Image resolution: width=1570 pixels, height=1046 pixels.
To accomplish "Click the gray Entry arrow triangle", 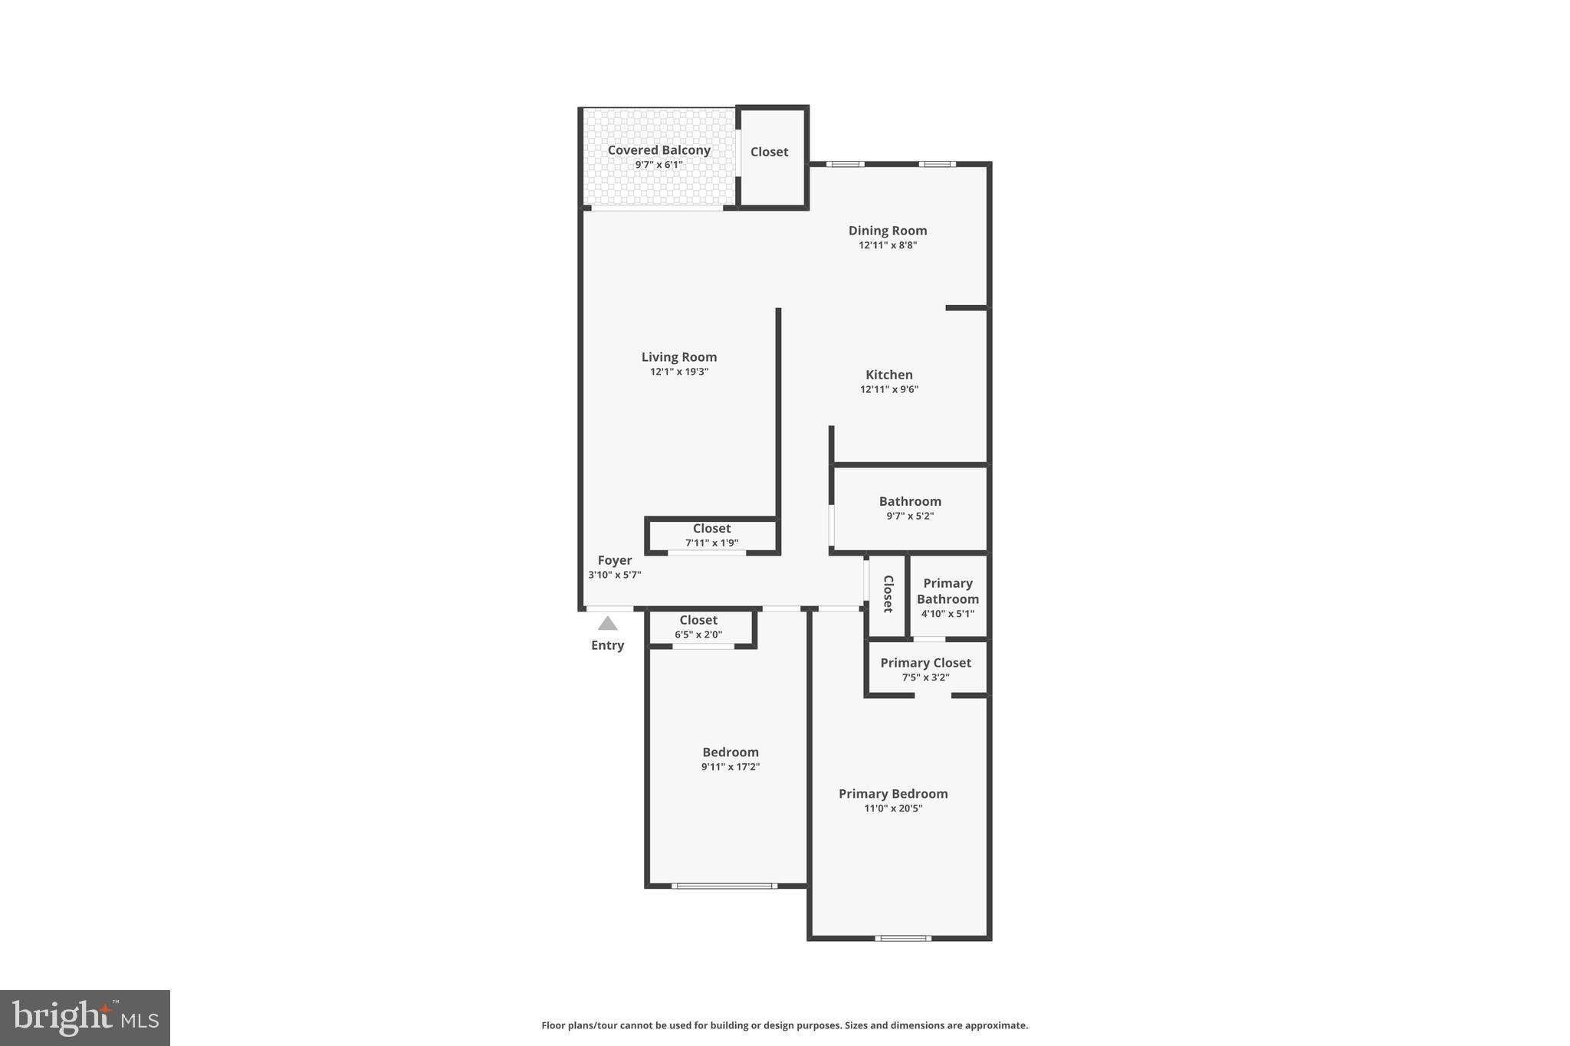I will [x=607, y=624].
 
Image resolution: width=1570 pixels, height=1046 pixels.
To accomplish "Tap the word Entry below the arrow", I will [x=607, y=645].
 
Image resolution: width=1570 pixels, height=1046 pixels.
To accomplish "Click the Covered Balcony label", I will [x=659, y=150].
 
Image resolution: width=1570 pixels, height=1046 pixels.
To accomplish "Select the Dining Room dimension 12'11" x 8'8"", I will [x=888, y=245].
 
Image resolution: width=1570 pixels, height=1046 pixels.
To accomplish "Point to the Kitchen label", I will [x=888, y=375].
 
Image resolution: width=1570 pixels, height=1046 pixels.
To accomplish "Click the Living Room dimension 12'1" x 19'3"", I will [x=679, y=372].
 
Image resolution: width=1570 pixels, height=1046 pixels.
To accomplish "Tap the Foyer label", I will [x=614, y=560].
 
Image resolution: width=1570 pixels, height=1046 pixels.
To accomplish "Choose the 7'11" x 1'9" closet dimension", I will [x=711, y=543].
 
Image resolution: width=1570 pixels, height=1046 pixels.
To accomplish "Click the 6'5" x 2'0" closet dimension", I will [x=698, y=634].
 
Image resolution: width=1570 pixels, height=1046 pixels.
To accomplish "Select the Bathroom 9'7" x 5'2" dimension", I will [x=910, y=516].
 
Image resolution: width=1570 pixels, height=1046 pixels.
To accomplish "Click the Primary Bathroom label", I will [x=948, y=591].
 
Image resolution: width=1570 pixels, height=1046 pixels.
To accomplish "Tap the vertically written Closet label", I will [x=888, y=594].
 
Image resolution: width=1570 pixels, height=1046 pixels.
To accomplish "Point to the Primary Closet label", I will [x=925, y=663].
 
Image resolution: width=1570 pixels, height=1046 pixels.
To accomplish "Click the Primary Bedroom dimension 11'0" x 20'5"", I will [x=893, y=808].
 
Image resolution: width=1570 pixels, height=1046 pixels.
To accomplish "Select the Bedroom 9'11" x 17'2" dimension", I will [x=730, y=767].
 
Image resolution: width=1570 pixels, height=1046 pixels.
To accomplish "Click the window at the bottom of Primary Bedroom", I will [x=903, y=938].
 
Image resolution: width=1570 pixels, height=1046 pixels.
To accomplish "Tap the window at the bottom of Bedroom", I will [x=724, y=886].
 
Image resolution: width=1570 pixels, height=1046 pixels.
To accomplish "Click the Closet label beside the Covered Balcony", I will [x=769, y=152].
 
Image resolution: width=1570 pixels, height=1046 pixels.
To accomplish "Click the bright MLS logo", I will [x=85, y=1018].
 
